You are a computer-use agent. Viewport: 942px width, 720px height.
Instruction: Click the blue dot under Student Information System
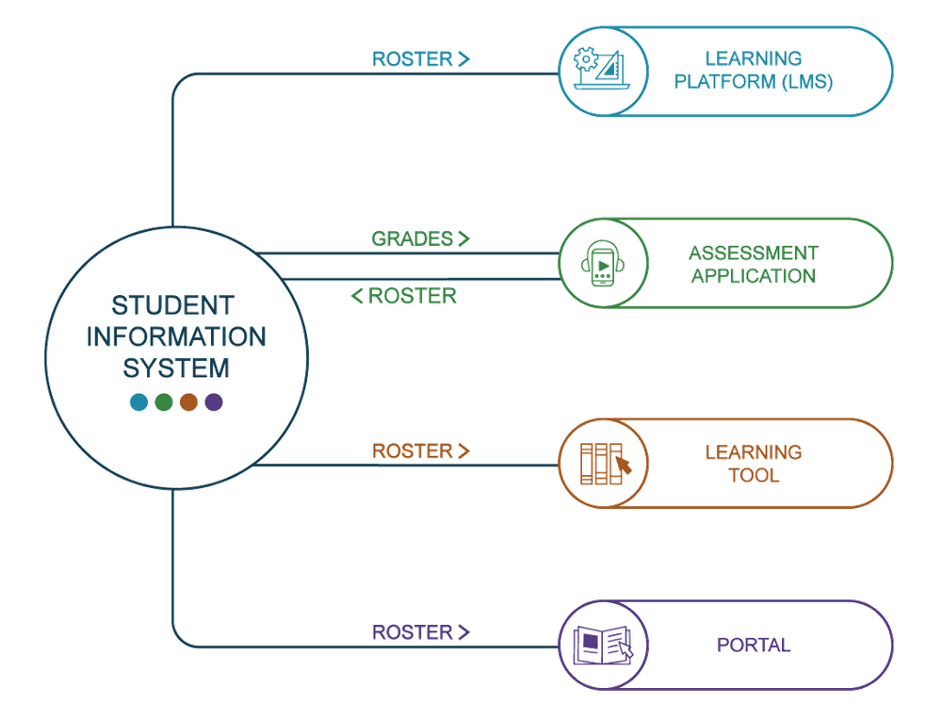[x=138, y=402]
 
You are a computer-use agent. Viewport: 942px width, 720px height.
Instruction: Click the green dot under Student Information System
[x=164, y=402]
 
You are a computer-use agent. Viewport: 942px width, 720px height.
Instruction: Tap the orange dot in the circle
[x=188, y=402]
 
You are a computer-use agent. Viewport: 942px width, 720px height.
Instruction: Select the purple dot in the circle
[x=214, y=402]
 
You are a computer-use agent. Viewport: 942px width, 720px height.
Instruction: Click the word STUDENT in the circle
[x=171, y=306]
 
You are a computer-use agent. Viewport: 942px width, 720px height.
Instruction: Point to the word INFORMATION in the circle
[x=176, y=336]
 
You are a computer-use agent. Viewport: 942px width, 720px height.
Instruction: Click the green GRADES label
[x=412, y=238]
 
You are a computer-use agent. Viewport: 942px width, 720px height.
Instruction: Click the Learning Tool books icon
[x=604, y=462]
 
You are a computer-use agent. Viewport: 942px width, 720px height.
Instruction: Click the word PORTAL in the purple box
[x=754, y=646]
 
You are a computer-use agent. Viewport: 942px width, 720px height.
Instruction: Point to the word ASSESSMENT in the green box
[x=753, y=253]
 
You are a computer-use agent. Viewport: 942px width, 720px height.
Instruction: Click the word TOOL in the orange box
[x=754, y=475]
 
